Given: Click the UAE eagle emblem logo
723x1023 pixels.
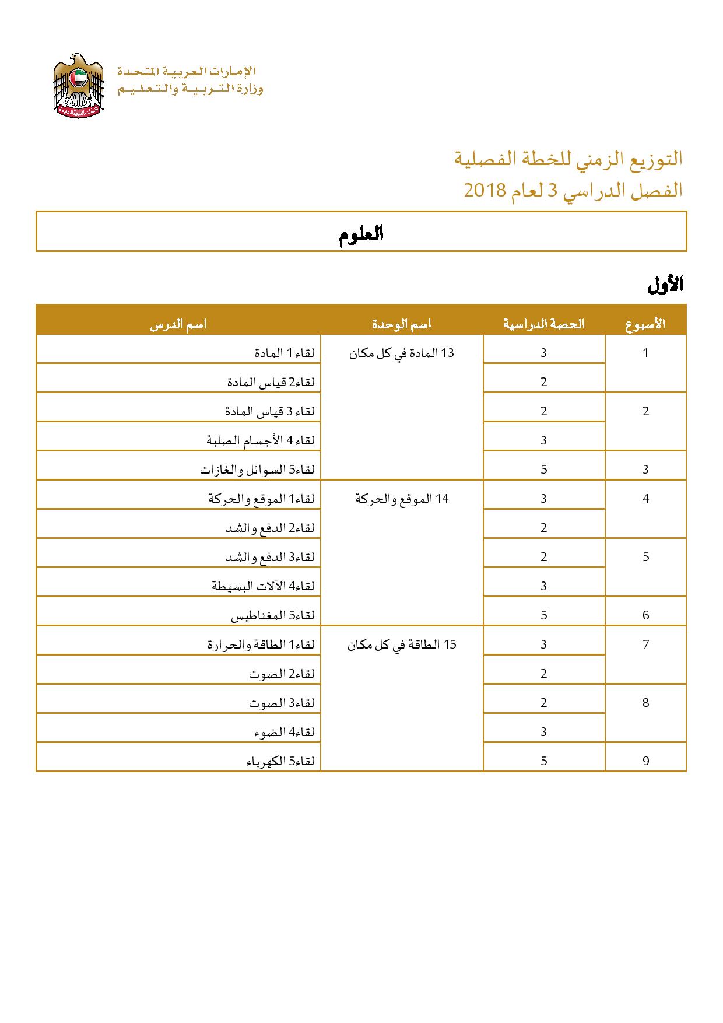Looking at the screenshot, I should point(78,86).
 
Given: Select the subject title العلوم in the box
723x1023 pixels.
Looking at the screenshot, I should point(361,234).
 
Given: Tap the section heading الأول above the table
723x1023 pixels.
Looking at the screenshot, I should point(665,285).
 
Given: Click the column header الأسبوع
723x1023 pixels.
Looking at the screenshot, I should point(645,324).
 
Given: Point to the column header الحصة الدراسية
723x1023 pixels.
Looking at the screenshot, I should point(543,324).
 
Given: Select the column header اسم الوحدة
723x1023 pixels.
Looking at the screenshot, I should point(402,324).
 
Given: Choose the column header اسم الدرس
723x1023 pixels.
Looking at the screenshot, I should point(178,324).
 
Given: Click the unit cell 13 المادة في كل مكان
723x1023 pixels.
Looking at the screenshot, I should point(402,353).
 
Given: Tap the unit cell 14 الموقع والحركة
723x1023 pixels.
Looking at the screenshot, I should point(402,499).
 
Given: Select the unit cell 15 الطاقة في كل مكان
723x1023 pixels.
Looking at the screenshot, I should point(402,644).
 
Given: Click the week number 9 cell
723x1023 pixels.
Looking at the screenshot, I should point(645,761).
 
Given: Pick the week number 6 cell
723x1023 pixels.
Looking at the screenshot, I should point(645,615).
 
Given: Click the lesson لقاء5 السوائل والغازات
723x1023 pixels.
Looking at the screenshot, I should point(257,470).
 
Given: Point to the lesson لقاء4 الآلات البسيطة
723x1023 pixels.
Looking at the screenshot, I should point(263,586).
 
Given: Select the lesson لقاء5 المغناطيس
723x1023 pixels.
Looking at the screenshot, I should point(273,615).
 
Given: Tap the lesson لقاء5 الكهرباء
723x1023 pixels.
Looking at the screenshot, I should point(280,761).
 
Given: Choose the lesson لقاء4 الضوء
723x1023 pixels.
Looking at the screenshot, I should point(284,732).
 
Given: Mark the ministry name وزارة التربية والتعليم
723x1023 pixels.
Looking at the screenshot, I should point(191,89).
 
